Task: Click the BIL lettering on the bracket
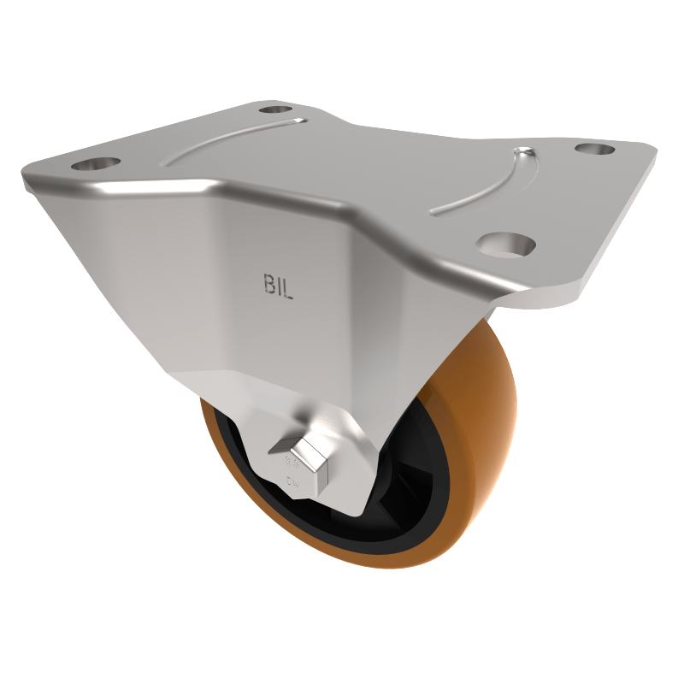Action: point(278,286)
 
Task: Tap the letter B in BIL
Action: point(267,286)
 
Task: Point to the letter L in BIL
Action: point(289,287)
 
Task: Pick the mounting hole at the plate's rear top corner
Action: point(274,109)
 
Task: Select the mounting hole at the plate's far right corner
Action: point(595,149)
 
